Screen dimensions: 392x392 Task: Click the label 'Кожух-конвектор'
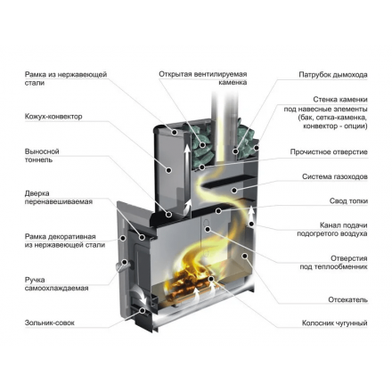[53, 117]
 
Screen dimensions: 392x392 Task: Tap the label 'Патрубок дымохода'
[333, 75]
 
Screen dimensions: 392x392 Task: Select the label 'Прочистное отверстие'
[329, 152]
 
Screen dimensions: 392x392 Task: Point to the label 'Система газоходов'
[335, 176]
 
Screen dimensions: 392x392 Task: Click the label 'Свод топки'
[348, 201]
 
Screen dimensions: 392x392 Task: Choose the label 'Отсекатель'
[347, 299]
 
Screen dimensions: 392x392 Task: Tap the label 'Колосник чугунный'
[335, 323]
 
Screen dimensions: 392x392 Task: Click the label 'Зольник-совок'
[50, 323]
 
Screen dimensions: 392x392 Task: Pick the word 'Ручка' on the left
[35, 280]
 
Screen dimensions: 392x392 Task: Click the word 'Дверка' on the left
[37, 193]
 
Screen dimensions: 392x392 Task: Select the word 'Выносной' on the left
[42, 151]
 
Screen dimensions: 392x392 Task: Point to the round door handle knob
[122, 265]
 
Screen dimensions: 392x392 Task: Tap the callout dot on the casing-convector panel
[169, 170]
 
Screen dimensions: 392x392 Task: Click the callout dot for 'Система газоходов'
[234, 190]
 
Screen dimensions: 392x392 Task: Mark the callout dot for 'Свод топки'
[218, 211]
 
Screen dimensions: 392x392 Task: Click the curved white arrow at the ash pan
[140, 295]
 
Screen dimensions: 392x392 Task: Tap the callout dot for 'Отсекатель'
[244, 256]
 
